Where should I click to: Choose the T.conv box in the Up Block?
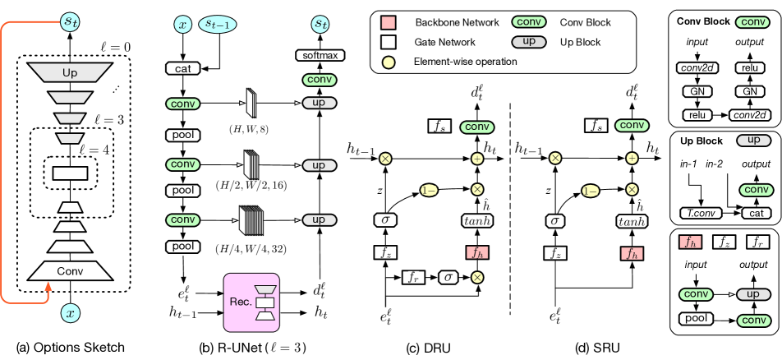pyautogui.click(x=702, y=213)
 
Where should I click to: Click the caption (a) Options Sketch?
pyautogui.click(x=71, y=347)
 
